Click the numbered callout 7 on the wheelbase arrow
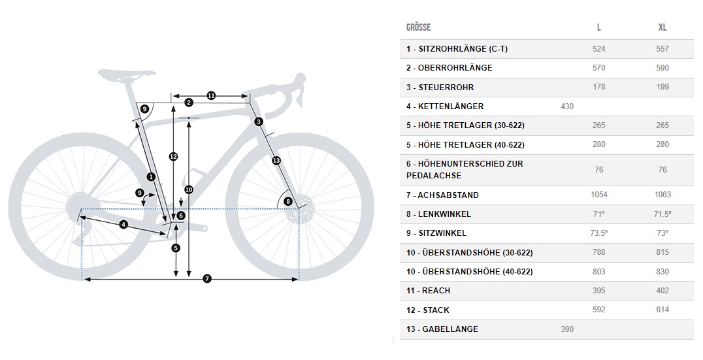pyautogui.click(x=207, y=279)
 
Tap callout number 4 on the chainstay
pyautogui.click(x=123, y=225)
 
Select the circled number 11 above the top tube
pyautogui.click(x=211, y=95)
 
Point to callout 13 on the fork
pyautogui.click(x=276, y=160)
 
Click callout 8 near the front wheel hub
pyautogui.click(x=287, y=201)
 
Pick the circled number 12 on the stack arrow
pyautogui.click(x=172, y=156)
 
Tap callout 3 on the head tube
pyautogui.click(x=259, y=122)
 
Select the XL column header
pyautogui.click(x=662, y=27)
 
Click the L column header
pyautogui.click(x=598, y=27)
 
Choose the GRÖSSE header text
pyautogui.click(x=418, y=27)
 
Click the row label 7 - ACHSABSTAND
pyautogui.click(x=442, y=195)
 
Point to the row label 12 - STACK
pyautogui.click(x=427, y=310)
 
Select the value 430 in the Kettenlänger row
pyautogui.click(x=567, y=106)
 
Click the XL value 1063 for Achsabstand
pyautogui.click(x=662, y=195)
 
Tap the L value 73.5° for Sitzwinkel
pyautogui.click(x=598, y=233)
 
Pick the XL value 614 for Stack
pyautogui.click(x=662, y=310)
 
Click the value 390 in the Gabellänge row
pyautogui.click(x=567, y=329)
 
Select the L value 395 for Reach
pyautogui.click(x=598, y=290)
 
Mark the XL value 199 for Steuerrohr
pyautogui.click(x=662, y=87)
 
